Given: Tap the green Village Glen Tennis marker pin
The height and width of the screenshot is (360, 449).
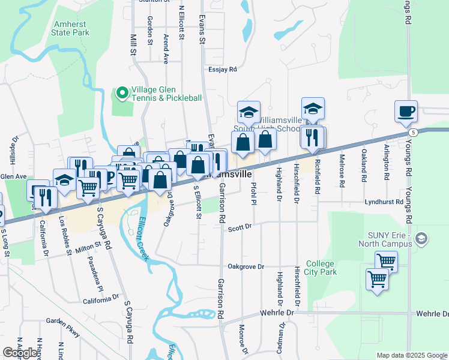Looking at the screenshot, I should click(x=123, y=92).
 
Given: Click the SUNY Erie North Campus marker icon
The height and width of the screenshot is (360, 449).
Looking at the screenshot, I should click(x=421, y=238).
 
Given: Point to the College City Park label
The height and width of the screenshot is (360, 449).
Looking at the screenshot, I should click(x=321, y=268).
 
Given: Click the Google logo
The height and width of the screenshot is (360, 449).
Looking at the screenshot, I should click(x=20, y=353).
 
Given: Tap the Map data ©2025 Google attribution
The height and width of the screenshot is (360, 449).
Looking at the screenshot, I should click(x=411, y=355).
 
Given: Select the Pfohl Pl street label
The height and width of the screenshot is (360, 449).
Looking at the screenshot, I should click(x=254, y=193).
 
